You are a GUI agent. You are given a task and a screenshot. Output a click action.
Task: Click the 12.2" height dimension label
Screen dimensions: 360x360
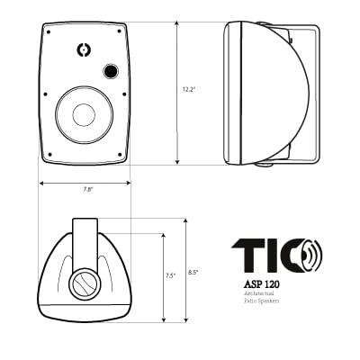[188, 90]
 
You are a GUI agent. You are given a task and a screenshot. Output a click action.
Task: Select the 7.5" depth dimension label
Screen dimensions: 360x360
[170, 276]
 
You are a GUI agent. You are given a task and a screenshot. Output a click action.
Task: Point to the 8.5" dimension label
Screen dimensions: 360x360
[193, 272]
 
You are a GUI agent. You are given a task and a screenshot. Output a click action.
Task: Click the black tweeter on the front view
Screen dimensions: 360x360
[111, 70]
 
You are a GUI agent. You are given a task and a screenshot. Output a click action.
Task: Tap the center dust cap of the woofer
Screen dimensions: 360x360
[84, 114]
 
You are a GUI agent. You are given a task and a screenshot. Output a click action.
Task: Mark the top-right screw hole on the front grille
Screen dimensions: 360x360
[120, 34]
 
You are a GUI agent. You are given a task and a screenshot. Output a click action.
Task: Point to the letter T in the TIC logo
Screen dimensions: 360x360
[242, 256]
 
